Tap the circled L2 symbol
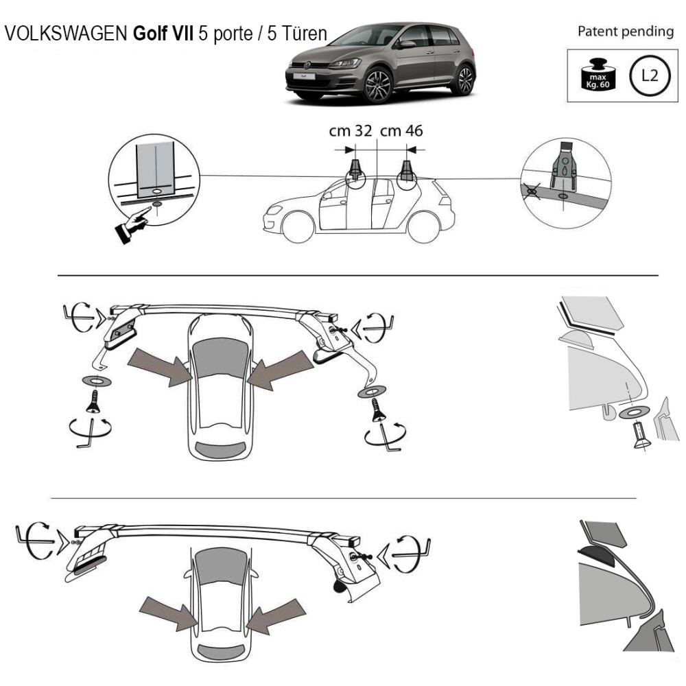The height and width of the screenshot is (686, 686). [647, 75]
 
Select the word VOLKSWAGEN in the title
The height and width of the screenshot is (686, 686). [65, 35]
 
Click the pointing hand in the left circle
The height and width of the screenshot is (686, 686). [134, 224]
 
